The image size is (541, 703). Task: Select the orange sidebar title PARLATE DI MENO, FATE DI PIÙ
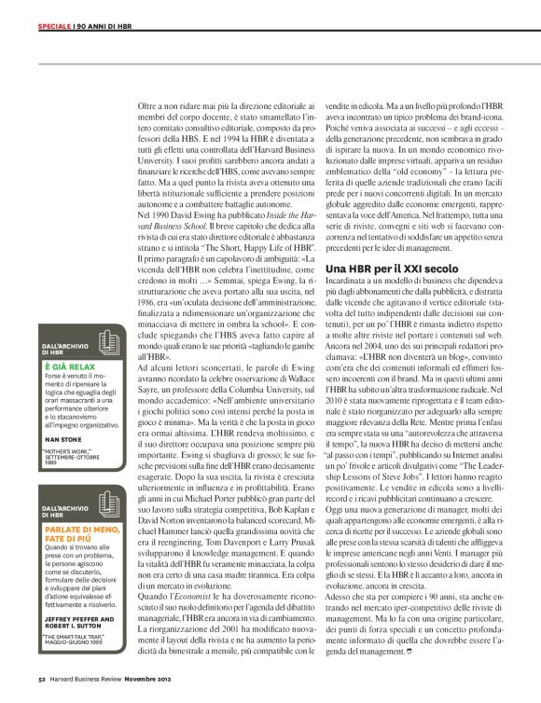tap(76, 535)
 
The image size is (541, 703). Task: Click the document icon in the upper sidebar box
tap(108, 343)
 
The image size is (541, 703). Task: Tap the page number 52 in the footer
tap(43, 692)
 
